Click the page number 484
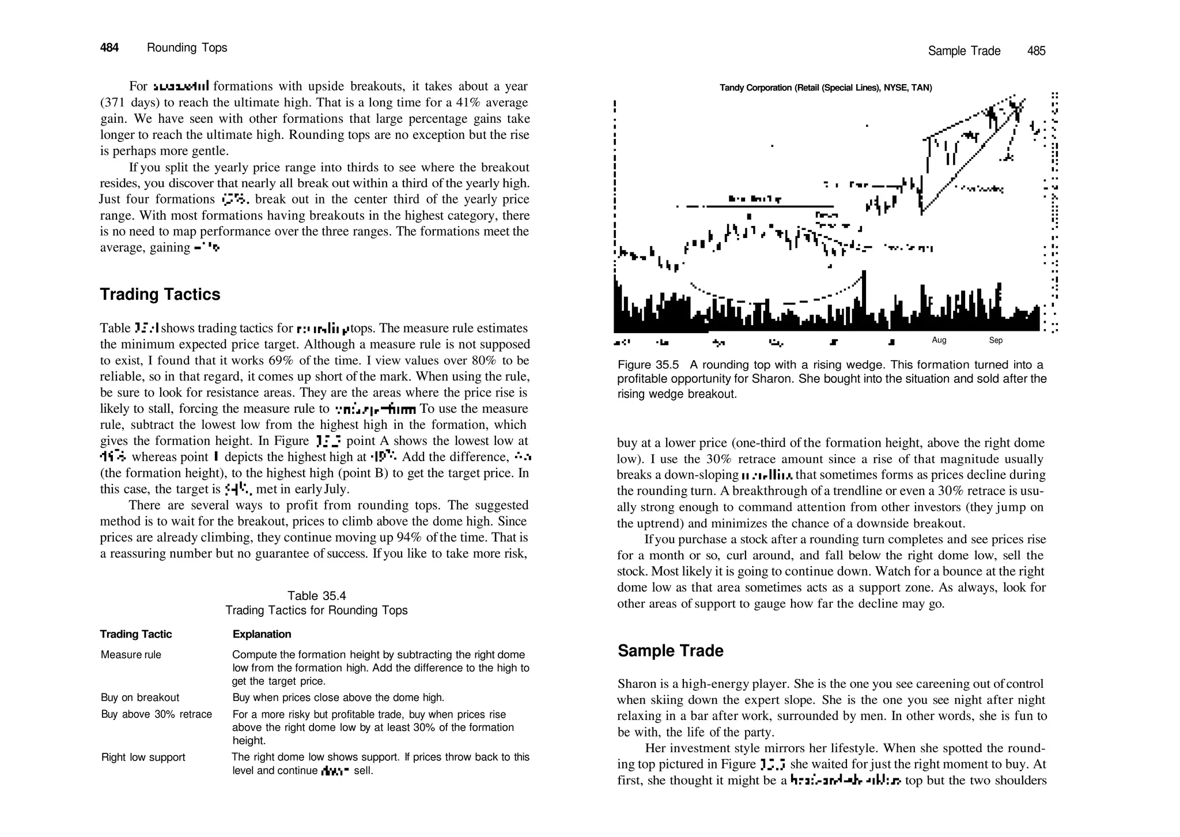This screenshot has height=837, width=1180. click(109, 48)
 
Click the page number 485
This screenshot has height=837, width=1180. click(1036, 51)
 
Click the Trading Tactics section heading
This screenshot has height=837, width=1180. click(160, 295)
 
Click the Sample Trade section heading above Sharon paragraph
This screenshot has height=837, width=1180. click(670, 651)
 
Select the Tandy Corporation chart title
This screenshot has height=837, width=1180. click(825, 88)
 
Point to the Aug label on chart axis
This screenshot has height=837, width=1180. click(939, 340)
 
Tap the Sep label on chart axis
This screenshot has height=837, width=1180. click(996, 340)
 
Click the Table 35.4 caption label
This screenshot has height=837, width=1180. click(316, 596)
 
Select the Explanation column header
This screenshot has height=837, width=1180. click(262, 634)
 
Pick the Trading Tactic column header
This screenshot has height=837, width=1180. click(136, 634)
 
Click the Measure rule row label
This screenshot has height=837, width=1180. click(131, 655)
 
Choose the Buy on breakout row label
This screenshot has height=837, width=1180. click(140, 697)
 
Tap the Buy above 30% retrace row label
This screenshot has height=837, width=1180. click(156, 714)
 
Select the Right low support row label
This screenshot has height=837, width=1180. click(143, 757)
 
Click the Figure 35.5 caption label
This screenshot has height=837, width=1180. click(648, 365)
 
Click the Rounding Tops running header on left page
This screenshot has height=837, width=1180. click(187, 48)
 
